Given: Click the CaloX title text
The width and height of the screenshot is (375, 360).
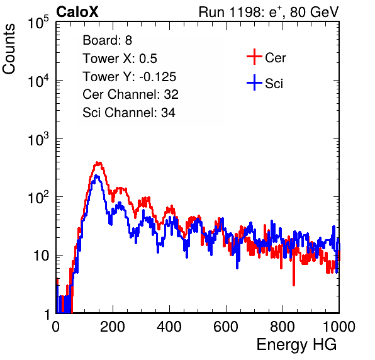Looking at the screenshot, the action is point(77,12).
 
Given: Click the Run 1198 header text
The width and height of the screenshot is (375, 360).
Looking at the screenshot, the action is point(269,12).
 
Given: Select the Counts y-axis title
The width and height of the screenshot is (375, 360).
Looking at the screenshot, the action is point(9,49).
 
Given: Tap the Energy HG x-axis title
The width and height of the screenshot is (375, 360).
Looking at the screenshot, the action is point(296,345).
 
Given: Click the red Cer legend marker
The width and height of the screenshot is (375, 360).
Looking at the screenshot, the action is point(254,57).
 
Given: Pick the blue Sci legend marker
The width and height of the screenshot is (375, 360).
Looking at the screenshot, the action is point(254,82).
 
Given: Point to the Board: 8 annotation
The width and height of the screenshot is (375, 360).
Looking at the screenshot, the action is point(107,40).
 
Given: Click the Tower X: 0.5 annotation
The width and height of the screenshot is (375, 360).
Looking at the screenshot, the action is point(120,59).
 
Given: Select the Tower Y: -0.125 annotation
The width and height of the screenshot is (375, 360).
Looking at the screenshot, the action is point(130,77).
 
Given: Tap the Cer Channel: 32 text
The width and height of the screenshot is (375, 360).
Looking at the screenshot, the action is point(131,94).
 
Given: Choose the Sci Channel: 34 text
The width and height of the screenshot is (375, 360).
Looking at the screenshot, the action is point(129,113).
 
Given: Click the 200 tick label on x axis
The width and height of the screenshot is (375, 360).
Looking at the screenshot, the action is point(113,327).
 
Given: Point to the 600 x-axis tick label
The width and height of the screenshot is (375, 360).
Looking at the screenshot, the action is point(226,327).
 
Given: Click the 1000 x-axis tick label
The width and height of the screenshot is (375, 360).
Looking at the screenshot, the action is point(339,327).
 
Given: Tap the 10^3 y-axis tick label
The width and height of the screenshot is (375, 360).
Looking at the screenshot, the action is point(38,139).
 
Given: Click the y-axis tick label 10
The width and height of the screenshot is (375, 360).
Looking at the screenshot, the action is point(42,256).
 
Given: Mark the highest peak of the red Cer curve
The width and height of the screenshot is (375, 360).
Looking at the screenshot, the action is point(98,162).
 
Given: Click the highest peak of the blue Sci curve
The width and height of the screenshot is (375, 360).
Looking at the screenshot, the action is point(96,176).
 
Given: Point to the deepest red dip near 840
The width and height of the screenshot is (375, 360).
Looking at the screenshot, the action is point(294,284).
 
